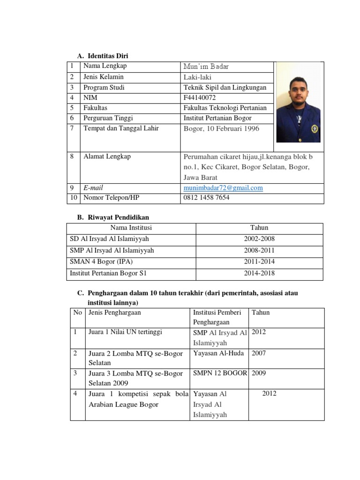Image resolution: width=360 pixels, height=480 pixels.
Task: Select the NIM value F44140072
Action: (200, 97)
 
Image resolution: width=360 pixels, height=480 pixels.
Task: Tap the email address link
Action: (223, 188)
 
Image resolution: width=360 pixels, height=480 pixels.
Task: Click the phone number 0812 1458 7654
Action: (206, 198)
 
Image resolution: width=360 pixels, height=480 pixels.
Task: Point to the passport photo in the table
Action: (298, 102)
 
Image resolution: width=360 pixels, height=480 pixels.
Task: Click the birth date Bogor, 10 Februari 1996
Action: (221, 129)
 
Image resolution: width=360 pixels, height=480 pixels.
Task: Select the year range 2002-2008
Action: (259, 239)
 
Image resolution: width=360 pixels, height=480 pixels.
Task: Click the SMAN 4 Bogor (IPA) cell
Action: (101, 262)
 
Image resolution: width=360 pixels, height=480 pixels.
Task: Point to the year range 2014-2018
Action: (259, 273)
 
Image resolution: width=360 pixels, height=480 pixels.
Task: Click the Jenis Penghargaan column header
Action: (114, 313)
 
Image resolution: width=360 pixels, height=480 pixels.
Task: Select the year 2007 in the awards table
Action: (259, 353)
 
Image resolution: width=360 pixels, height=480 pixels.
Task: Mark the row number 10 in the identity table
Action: (74, 198)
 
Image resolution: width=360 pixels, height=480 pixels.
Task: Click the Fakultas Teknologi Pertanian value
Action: (225, 108)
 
